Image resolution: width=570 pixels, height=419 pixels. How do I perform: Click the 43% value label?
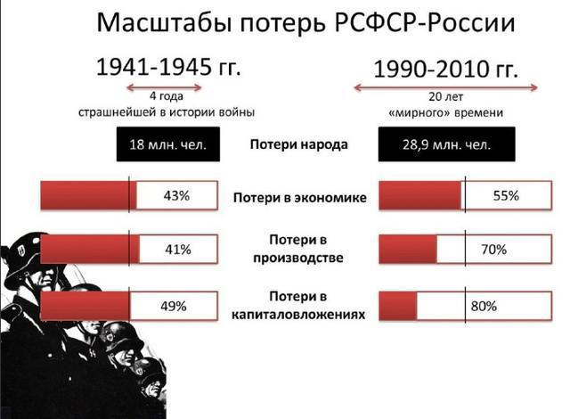point(176,196)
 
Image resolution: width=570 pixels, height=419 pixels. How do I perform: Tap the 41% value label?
point(178,250)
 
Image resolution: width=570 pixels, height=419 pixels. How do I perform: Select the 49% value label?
point(174,307)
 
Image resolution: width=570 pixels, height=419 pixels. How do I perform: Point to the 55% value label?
point(506,196)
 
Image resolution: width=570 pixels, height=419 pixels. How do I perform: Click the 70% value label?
point(493,250)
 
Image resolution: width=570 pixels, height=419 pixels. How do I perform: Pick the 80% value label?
point(484,307)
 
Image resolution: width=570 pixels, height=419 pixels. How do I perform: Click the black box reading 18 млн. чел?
point(168,144)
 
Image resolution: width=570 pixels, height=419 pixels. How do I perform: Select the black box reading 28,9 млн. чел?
point(446,144)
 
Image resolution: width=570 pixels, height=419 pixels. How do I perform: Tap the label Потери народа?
point(299,144)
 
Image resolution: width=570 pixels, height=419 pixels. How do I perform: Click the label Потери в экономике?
point(300,198)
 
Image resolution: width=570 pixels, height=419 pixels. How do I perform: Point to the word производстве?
point(298,258)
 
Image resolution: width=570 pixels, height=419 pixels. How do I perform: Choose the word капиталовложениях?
point(298,314)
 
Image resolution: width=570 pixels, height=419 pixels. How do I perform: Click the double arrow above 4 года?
point(164,87)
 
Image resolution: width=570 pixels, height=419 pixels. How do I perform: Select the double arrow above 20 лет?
point(445,87)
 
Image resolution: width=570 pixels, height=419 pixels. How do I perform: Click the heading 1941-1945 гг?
point(168,67)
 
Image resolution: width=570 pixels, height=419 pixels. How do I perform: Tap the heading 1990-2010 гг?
point(445,70)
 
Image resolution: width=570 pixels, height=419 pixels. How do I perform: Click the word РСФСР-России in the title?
point(425,23)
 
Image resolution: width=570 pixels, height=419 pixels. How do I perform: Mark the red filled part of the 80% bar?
point(398,307)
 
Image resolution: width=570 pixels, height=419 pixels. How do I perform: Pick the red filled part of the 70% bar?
point(408,249)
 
